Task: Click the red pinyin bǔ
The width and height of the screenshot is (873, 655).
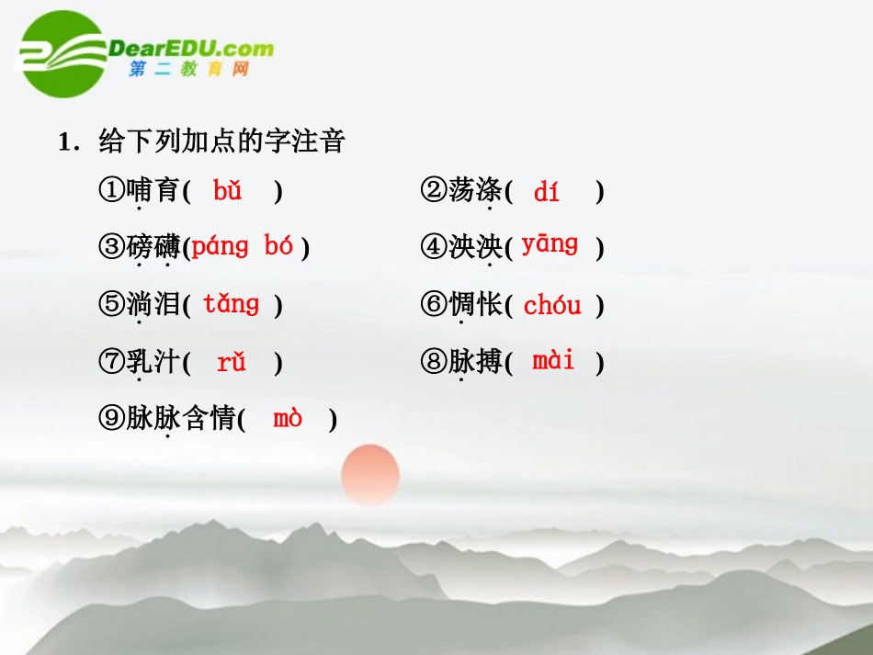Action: pos(227,191)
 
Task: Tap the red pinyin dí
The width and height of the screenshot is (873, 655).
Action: pos(547,191)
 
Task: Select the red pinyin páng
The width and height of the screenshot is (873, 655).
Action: pos(221,247)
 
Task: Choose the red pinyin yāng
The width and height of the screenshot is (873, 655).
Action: pos(550,245)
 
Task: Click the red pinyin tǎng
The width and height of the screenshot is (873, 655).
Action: pos(232,304)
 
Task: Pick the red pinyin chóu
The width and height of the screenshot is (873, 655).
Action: pos(552,306)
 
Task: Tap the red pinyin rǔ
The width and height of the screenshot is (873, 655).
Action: pos(232,363)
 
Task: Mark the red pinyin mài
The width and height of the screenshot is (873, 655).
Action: pos(553,361)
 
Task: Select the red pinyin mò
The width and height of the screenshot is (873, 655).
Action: pos(288,419)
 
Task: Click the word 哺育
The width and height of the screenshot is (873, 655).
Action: pos(153,191)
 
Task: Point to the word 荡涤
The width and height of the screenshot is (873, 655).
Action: pos(475,191)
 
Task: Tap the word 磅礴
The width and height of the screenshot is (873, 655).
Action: pos(153,247)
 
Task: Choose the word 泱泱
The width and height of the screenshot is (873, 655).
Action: pos(475,247)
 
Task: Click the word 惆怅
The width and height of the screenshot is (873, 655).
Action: pos(475,305)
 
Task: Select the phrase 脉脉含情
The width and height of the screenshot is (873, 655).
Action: pos(182,420)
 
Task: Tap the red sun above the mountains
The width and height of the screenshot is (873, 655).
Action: pos(369,474)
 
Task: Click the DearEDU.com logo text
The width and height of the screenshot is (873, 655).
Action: pos(191,49)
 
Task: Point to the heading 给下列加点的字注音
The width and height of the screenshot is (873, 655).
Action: pos(221,141)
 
